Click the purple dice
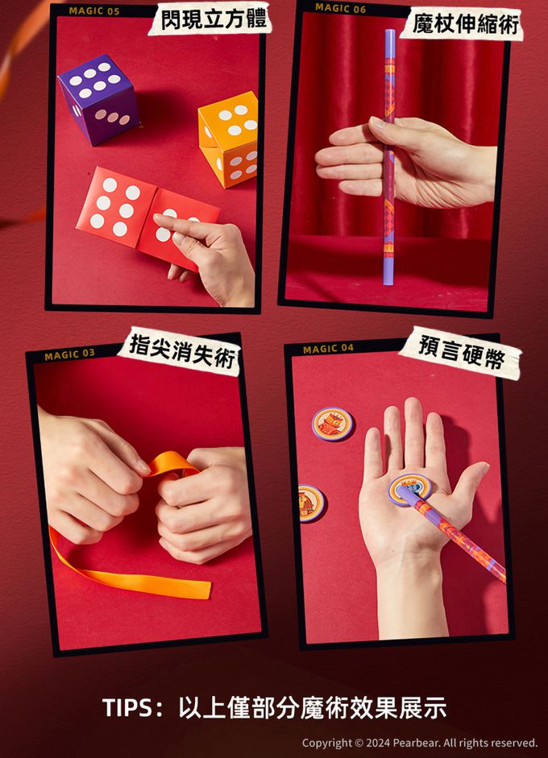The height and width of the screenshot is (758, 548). coord(99,100)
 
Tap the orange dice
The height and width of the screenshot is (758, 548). coord(229,139)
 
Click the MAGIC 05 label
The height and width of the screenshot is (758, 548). coord(94,11)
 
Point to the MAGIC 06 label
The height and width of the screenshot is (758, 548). coord(341,8)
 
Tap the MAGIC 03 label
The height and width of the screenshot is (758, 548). coord(69,354)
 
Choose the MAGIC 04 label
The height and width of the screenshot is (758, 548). coord(329,349)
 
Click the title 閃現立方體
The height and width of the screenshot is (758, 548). coord(213,20)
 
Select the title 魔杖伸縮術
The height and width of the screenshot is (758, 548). coord(466,24)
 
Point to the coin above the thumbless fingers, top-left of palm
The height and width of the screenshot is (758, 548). coord(332,424)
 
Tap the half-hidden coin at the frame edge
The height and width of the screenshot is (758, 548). coord(312,503)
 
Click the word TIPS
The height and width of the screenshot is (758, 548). coord(127,708)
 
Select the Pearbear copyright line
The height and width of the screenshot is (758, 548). coord(420,743)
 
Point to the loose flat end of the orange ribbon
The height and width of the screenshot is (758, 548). coord(208,590)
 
